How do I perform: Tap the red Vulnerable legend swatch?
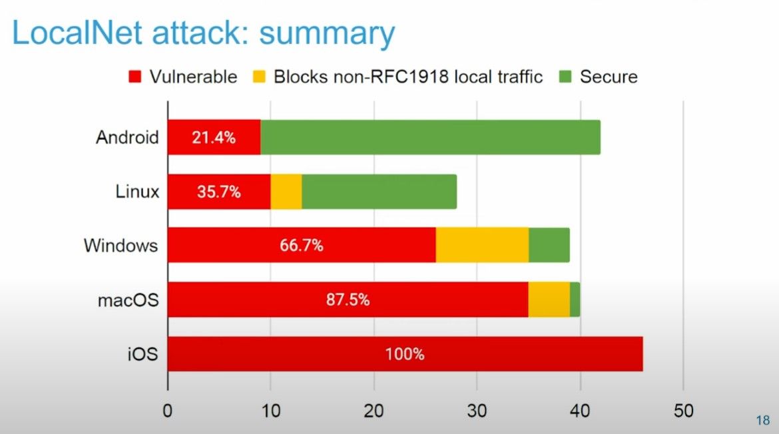tap(135, 77)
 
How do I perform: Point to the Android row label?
tap(127, 138)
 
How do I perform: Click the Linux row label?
tap(137, 192)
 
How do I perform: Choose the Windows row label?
tap(121, 246)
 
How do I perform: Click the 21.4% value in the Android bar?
tap(214, 138)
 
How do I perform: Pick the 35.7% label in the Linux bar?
tap(219, 192)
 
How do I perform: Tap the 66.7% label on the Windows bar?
tap(301, 246)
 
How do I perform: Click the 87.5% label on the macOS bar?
tap(348, 300)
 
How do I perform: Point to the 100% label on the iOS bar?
tap(405, 354)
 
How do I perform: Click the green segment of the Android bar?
tap(430, 137)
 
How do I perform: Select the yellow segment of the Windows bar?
tap(482, 245)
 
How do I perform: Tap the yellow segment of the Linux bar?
tap(286, 192)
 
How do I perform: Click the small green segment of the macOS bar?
tap(575, 300)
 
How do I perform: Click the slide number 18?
tap(763, 421)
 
